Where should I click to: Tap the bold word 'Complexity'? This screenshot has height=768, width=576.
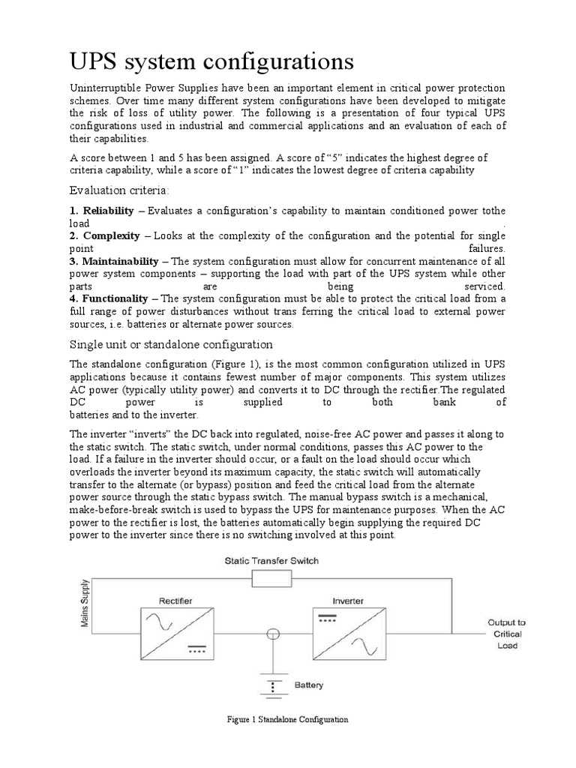[111, 235]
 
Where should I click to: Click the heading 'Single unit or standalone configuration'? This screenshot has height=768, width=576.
[171, 344]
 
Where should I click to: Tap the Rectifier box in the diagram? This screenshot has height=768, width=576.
[175, 633]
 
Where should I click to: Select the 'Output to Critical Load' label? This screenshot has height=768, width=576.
[507, 634]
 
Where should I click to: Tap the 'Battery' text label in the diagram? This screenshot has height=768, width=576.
[308, 685]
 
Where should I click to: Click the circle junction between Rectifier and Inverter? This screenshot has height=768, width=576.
[274, 634]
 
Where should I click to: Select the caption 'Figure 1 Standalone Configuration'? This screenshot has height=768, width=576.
[288, 719]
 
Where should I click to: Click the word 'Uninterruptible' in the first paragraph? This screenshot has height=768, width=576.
[104, 88]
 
